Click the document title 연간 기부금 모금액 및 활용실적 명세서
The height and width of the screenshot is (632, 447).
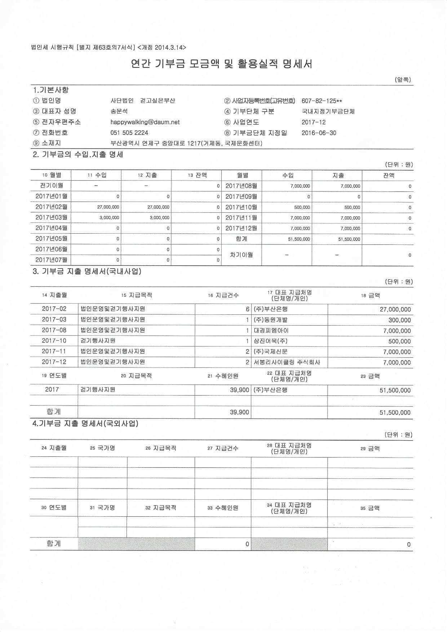(221, 64)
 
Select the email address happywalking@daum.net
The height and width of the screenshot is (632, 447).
(145, 122)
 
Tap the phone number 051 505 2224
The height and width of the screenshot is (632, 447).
(129, 133)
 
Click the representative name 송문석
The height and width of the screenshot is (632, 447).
(119, 111)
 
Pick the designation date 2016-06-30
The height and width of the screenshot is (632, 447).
(319, 133)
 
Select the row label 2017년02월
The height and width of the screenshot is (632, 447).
(51, 207)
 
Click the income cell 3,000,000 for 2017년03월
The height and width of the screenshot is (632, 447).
(109, 218)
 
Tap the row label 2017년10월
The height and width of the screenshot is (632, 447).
(241, 207)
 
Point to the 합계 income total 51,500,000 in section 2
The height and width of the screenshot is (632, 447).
(299, 239)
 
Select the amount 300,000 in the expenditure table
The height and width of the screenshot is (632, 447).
(399, 320)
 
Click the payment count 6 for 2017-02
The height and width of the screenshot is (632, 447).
(247, 309)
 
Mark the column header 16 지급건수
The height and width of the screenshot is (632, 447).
(223, 295)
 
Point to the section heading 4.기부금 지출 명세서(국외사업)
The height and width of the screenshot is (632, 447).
(85, 424)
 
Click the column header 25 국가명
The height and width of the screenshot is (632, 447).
(102, 448)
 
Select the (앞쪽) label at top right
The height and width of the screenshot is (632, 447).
(403, 80)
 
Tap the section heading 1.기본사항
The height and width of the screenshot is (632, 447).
(51, 90)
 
